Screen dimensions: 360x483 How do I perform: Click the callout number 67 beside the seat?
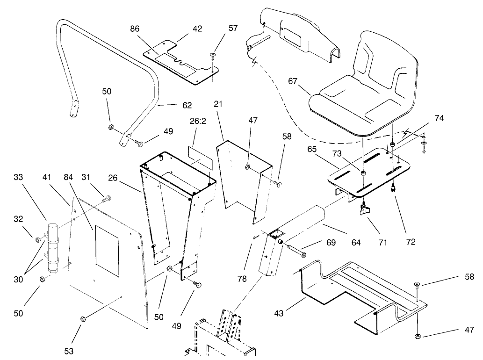[x=293, y=81]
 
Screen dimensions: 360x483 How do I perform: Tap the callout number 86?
[x=135, y=29]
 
